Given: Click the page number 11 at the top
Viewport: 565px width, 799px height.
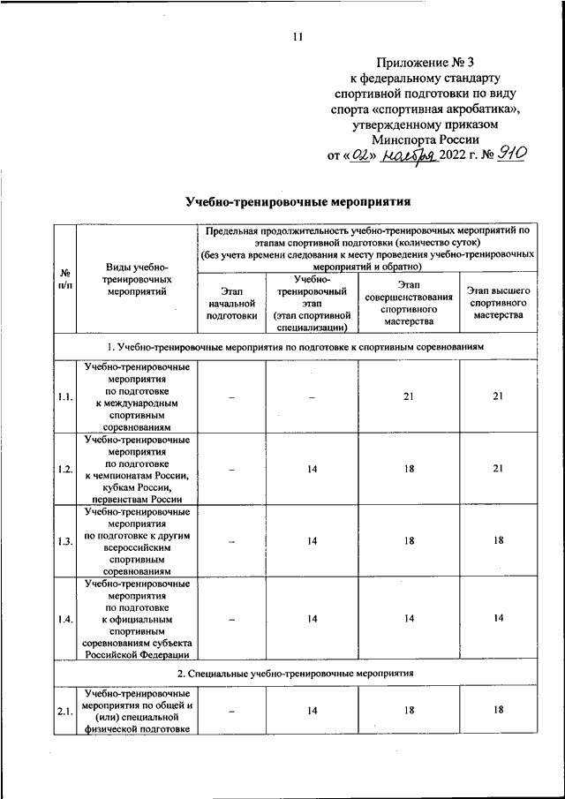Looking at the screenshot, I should (297, 36).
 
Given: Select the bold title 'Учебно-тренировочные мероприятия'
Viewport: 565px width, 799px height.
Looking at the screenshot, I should (298, 202).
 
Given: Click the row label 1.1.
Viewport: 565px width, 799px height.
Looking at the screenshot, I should (64, 396).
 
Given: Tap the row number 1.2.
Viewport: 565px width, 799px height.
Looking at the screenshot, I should (64, 469).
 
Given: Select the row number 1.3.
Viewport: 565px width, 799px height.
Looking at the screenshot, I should (64, 541).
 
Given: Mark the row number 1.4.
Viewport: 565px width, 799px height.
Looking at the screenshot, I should (64, 618).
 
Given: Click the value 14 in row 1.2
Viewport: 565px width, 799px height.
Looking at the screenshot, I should (313, 469).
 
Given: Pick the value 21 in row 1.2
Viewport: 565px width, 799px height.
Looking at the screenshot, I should (498, 469).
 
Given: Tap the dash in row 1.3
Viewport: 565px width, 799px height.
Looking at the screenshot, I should (231, 541).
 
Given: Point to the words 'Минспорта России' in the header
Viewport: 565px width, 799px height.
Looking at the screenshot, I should (425, 139).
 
